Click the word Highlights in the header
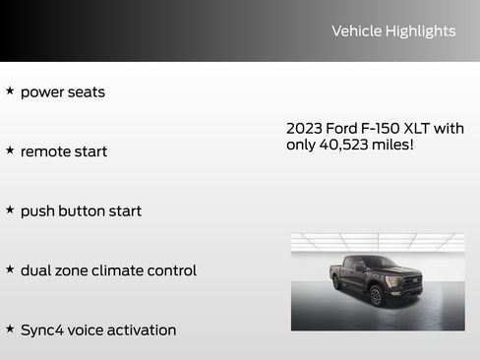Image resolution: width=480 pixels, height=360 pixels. pyautogui.click(x=420, y=31)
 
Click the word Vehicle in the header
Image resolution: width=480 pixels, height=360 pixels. pyautogui.click(x=356, y=31)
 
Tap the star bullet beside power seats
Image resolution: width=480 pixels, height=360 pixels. pyautogui.click(x=10, y=90)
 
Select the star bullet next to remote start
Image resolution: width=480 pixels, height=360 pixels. pyautogui.click(x=10, y=150)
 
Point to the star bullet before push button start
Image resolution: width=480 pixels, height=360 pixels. pyautogui.click(x=10, y=210)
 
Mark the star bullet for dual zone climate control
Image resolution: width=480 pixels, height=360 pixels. pyautogui.click(x=10, y=269)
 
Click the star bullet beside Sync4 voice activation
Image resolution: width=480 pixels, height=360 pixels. pyautogui.click(x=10, y=329)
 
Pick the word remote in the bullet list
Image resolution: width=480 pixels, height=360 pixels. pyautogui.click(x=44, y=151)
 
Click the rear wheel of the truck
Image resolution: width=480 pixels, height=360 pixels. pyautogui.click(x=337, y=283)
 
